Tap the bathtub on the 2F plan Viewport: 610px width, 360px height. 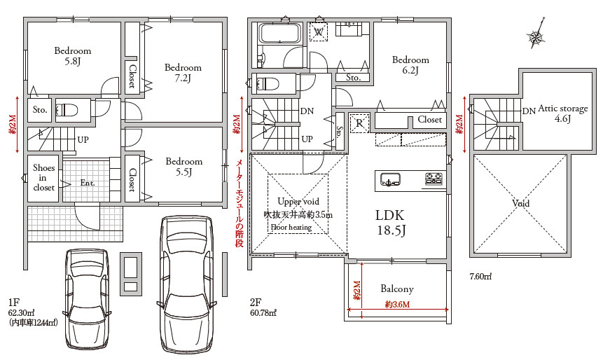[280, 34]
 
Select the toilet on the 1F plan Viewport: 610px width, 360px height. [67, 109]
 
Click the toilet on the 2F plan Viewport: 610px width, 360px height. [268, 83]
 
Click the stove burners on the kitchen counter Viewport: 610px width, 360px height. [434, 179]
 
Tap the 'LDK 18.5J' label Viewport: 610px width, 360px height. [391, 223]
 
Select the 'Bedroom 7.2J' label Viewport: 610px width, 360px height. [183, 73]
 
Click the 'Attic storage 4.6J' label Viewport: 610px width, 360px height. [562, 113]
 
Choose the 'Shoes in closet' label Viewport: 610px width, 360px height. [43, 177]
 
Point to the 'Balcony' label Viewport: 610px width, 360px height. [397, 289]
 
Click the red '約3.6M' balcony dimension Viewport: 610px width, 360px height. [397, 305]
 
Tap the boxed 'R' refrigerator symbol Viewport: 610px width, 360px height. [359, 123]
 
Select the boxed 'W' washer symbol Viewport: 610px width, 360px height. [318, 32]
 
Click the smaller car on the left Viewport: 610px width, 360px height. [87, 299]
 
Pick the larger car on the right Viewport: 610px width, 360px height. [187, 284]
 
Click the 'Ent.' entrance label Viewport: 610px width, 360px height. [88, 183]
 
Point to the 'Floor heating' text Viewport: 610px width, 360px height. [291, 228]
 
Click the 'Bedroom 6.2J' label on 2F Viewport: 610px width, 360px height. [410, 65]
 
